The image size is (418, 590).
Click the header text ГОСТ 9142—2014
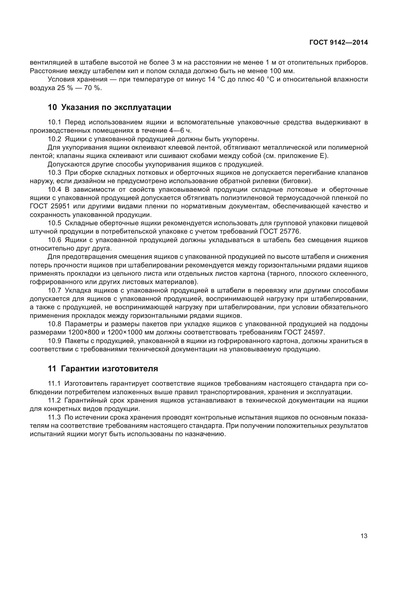[338, 43]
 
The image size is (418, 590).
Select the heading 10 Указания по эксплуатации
[109, 107]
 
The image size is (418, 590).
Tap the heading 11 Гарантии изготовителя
[103, 369]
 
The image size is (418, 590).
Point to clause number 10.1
[54, 122]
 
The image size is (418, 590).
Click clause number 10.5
[54, 223]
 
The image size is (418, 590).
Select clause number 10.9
[54, 341]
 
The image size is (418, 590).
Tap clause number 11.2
[54, 400]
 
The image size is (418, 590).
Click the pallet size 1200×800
[84, 332]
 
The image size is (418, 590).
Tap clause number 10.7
[54, 290]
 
